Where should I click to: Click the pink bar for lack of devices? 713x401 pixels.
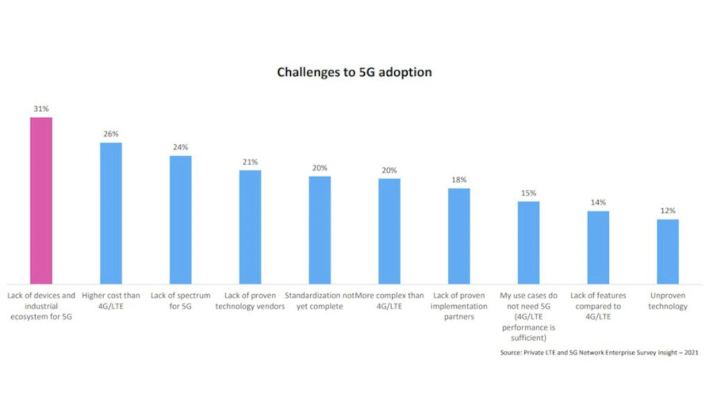click(41, 200)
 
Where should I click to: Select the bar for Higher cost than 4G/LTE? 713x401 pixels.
click(111, 213)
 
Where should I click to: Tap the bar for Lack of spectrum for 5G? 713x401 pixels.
click(180, 219)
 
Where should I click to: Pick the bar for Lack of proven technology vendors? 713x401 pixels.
click(250, 227)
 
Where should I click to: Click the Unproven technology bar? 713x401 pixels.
click(667, 251)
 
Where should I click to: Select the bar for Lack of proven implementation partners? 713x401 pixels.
click(458, 236)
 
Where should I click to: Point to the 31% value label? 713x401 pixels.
click(41, 109)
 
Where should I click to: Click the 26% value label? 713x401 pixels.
click(111, 134)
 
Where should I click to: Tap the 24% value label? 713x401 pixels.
click(180, 148)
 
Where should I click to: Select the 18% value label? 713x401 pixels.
click(459, 180)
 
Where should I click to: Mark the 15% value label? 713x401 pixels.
click(529, 193)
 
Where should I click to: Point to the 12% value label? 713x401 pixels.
click(667, 211)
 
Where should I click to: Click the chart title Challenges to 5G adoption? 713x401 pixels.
click(354, 72)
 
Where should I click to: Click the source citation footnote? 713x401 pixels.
click(599, 353)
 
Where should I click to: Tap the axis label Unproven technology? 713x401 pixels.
click(667, 301)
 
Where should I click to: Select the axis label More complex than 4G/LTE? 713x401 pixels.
click(390, 301)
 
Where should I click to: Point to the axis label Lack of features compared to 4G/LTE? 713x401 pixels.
click(598, 306)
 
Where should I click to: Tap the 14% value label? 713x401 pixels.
click(598, 203)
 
